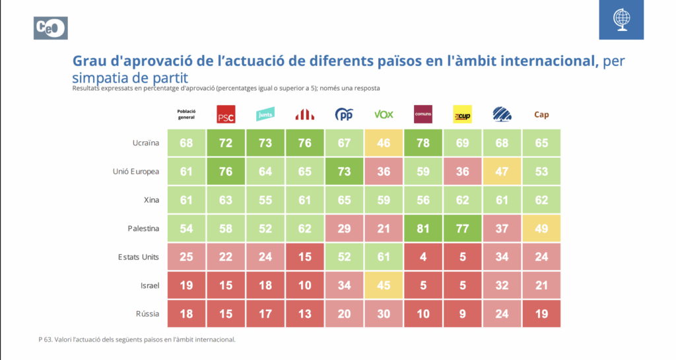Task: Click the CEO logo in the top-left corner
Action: (50, 28)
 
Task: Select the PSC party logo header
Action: (226, 114)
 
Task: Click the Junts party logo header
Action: (265, 114)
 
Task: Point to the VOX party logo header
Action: (384, 114)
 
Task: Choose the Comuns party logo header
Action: (422, 114)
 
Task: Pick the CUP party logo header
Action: (462, 114)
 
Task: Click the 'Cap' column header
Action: (541, 114)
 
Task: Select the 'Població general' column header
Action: (186, 114)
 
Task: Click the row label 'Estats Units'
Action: (137, 256)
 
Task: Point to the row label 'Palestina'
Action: (143, 228)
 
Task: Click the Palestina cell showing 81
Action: (422, 228)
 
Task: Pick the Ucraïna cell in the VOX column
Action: (384, 143)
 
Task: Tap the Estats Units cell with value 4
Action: (422, 256)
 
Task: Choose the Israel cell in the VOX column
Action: (384, 285)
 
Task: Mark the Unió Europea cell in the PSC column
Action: (226, 171)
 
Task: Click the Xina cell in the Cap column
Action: (541, 199)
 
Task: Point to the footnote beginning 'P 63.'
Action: (137, 340)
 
